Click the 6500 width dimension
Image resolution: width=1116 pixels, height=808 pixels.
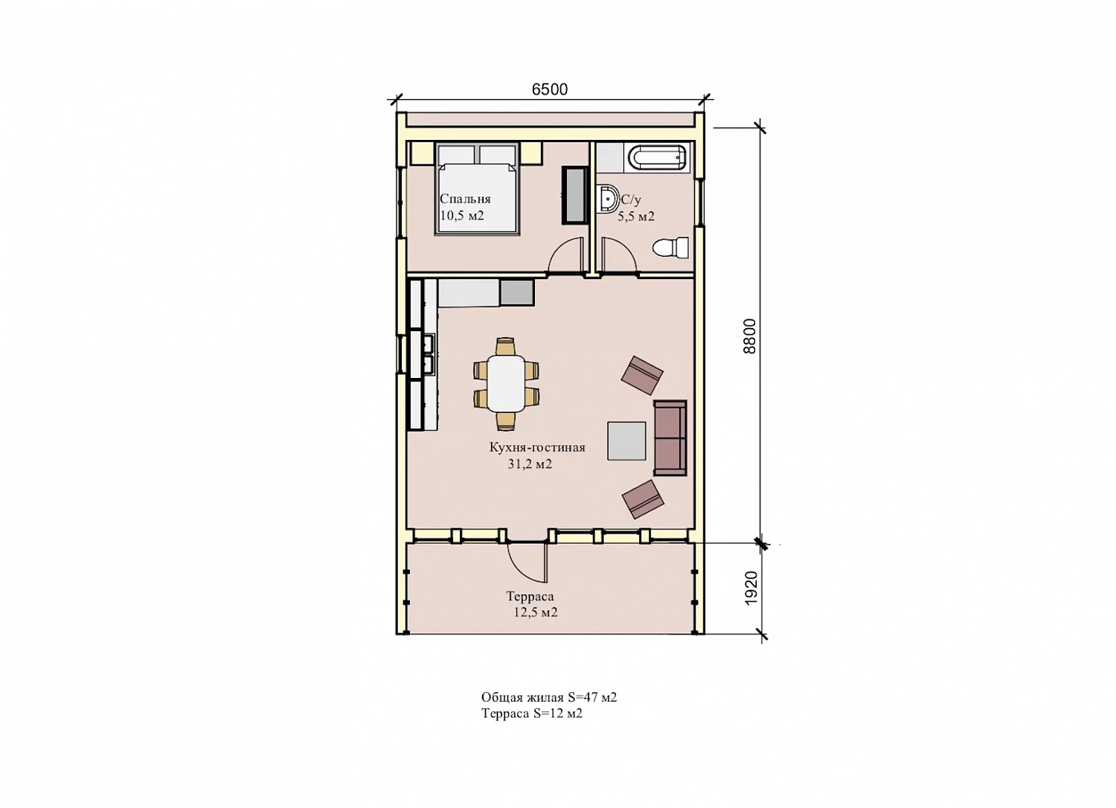click(x=550, y=89)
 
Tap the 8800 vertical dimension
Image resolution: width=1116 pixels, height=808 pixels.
click(x=749, y=336)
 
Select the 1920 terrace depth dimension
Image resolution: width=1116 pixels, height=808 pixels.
click(x=751, y=589)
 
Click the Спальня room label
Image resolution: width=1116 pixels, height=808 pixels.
click(x=465, y=199)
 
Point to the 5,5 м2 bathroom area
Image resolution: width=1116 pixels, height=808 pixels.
click(x=636, y=217)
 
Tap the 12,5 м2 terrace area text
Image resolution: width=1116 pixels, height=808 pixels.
click(x=536, y=612)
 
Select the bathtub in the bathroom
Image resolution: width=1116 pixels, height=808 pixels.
click(x=657, y=158)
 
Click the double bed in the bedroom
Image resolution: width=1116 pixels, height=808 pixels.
click(x=478, y=189)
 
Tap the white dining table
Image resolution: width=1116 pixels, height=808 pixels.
click(x=506, y=382)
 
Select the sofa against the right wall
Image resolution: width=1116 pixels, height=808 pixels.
click(x=670, y=438)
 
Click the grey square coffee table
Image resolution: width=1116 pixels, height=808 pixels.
click(x=626, y=441)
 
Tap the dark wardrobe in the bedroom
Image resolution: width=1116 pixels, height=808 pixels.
click(x=575, y=195)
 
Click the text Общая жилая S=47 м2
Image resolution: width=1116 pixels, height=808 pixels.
click(x=549, y=697)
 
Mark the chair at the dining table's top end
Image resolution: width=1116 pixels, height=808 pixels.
click(x=505, y=346)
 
